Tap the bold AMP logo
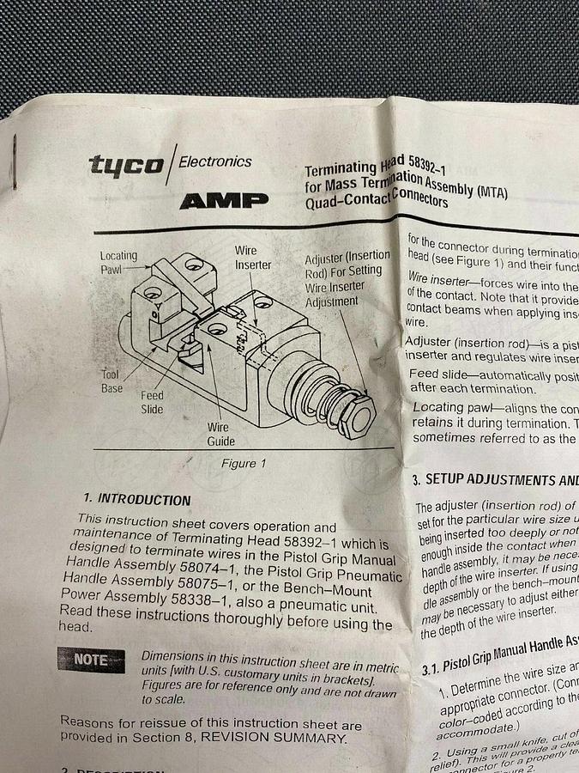224,201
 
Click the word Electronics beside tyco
215,161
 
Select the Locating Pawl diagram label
118,262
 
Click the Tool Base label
111,382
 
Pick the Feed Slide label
152,403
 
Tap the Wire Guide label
219,434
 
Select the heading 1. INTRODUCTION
137,499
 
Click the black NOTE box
92,660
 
